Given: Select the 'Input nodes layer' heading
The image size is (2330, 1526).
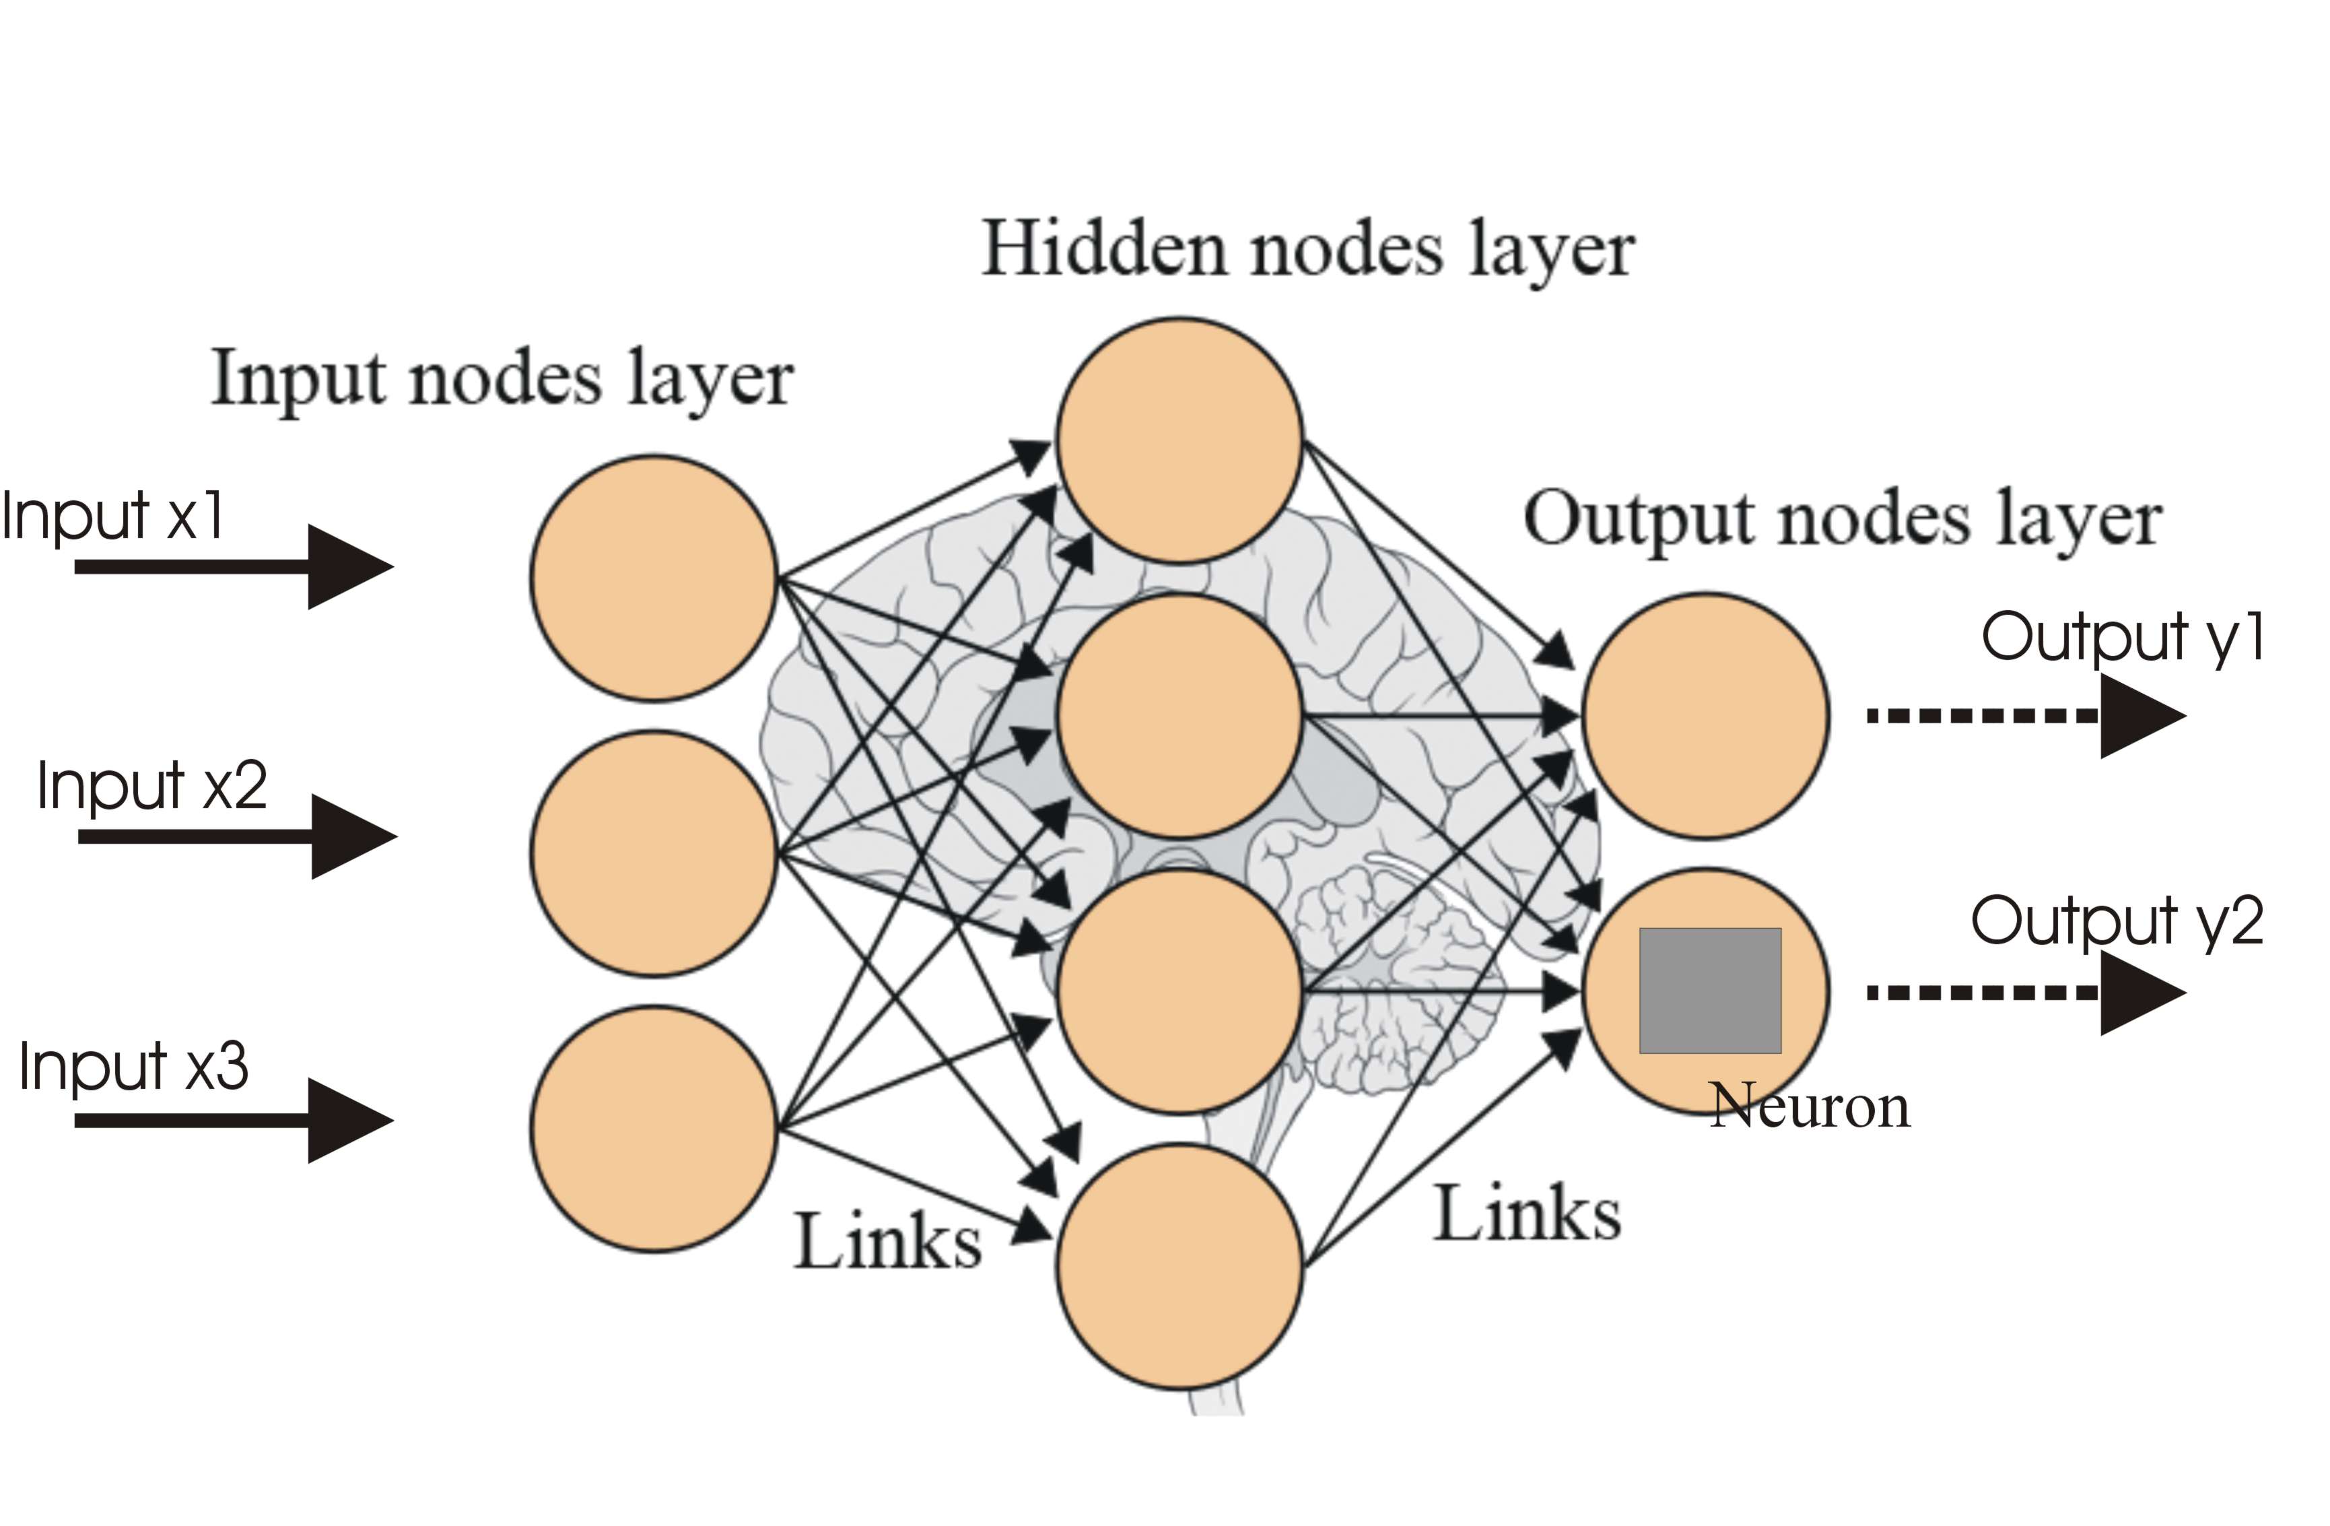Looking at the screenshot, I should click(502, 380).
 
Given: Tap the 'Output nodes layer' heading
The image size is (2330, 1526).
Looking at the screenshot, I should click(1843, 520).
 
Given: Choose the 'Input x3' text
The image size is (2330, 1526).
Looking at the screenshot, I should click(134, 1067).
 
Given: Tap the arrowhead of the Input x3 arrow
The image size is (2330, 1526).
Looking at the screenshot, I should click(347, 1121).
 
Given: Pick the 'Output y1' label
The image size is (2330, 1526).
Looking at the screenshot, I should click(2123, 638).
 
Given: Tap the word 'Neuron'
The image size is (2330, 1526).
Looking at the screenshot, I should click(1809, 1107).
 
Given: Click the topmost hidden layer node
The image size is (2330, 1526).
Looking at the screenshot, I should click(1179, 440).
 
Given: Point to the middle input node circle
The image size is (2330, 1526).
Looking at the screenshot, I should click(654, 853).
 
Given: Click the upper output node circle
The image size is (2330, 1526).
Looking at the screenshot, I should click(1705, 715).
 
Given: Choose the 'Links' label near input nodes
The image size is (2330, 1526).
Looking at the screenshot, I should click(887, 1242).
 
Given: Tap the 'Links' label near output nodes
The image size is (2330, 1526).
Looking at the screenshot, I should click(1528, 1214).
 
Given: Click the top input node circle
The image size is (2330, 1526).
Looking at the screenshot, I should click(654, 578).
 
